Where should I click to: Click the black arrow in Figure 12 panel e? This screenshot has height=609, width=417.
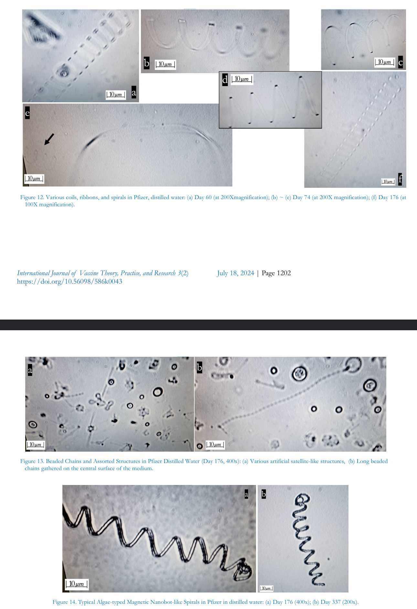49,139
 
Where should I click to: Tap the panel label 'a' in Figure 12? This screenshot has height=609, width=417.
134,93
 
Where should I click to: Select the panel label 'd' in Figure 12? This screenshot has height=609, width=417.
225,80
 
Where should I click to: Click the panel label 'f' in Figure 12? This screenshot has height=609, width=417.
400,179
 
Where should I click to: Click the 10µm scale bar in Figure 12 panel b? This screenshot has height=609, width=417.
165,64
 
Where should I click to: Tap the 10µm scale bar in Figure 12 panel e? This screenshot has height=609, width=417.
34,179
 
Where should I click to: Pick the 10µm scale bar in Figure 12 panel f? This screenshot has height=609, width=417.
388,182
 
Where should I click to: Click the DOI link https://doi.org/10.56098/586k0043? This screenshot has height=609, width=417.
69,281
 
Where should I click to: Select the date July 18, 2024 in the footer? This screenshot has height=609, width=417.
235,273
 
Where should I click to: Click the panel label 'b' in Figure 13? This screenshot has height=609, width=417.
199,367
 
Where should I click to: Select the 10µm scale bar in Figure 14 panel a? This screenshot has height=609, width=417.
76,584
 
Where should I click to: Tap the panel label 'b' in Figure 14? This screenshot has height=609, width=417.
263,494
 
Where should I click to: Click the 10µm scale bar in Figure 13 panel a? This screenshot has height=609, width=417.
35,445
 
